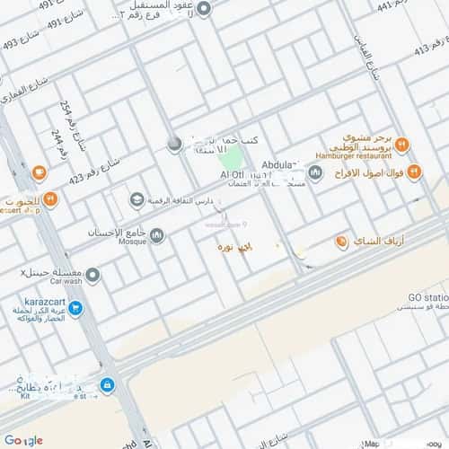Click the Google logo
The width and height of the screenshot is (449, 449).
coord(23,440)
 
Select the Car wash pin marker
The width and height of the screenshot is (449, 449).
coord(92,275)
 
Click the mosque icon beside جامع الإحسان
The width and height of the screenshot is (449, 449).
coord(157,235)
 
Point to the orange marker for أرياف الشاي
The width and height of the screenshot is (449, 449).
coord(341,242)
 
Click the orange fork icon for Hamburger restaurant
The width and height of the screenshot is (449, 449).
coord(402,144)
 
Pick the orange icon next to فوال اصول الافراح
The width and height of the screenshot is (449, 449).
coord(413,171)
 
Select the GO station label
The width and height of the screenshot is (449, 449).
coord(427,297)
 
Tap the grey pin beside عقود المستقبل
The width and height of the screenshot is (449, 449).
coord(204,9)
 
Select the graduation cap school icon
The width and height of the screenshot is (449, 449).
coord(136,199)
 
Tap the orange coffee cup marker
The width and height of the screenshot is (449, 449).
coord(38,172)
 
